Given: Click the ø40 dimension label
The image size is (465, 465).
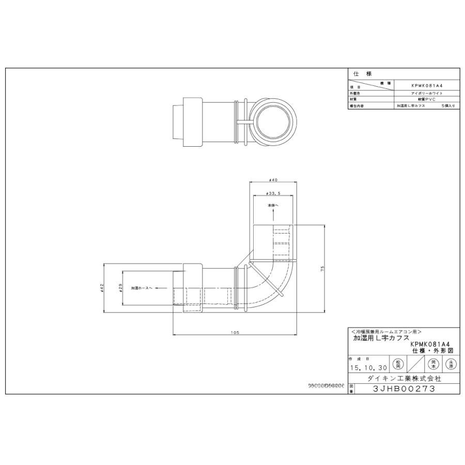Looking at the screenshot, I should pyautogui.click(x=274, y=180).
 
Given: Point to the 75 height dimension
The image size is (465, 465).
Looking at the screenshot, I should pyautogui.click(x=322, y=269).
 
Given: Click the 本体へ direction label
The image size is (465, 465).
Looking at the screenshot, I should pyautogui.click(x=273, y=205).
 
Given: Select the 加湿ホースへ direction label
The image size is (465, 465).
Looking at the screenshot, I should pyautogui.click(x=142, y=288).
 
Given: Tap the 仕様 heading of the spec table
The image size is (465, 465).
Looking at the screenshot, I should pyautogui.click(x=359, y=74).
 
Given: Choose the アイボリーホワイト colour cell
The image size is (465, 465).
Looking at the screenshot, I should pyautogui.click(x=426, y=93).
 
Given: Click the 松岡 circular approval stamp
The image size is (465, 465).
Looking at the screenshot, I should pyautogui.click(x=398, y=364).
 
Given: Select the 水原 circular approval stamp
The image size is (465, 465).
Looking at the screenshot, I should pyautogui.click(x=452, y=364).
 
